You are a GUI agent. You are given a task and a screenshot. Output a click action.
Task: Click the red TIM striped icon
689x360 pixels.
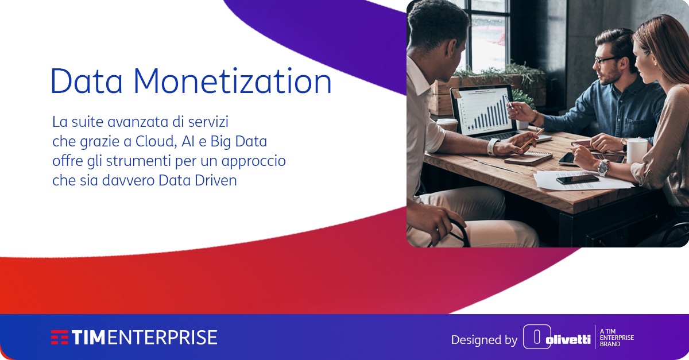(59, 337)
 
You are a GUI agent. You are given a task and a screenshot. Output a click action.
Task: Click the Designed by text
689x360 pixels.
(484, 340)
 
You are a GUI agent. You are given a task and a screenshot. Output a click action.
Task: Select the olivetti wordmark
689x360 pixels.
(568, 339)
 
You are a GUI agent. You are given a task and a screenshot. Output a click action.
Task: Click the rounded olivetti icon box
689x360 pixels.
(537, 337)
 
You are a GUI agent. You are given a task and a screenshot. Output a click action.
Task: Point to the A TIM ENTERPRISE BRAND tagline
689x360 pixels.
(616, 338)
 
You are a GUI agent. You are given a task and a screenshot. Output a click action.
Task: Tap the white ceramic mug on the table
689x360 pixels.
(637, 150)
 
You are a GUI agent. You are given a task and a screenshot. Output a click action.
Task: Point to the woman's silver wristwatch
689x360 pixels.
(602, 167)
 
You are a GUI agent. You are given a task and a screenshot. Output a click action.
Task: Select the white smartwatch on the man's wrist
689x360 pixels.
(492, 147)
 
